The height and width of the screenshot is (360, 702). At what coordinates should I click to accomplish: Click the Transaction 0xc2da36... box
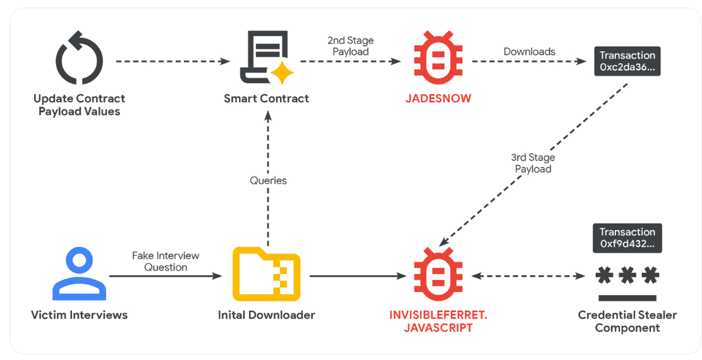pos(627,61)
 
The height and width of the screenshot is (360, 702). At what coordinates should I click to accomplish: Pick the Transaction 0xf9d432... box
pos(627,238)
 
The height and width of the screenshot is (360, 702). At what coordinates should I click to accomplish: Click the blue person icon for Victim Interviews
pos(79,274)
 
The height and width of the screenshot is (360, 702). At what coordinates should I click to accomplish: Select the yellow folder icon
pos(266,274)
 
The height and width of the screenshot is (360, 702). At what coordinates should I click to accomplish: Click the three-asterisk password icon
pos(627,277)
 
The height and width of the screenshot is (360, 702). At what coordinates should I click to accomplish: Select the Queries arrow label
pos(268,181)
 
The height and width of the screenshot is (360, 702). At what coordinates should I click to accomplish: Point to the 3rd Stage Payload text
pos(533,163)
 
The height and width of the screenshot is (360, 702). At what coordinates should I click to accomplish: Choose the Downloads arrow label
pos(529,52)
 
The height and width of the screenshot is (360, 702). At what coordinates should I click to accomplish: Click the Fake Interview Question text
pos(166,261)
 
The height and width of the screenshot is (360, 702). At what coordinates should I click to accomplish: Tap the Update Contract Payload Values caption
pos(79,105)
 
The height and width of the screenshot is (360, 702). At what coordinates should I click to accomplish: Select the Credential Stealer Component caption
pos(627,321)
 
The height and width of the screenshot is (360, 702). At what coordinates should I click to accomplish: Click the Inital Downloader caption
pos(266,315)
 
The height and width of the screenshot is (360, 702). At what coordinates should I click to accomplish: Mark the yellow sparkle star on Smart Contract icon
pos(282,73)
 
